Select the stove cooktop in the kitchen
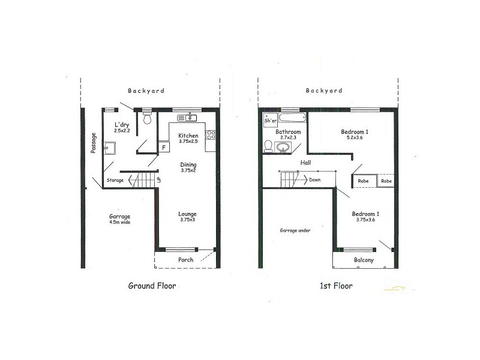click(210, 134)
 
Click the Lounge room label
click(187, 214)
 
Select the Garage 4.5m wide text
click(119, 219)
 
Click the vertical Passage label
click(93, 143)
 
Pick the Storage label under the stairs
click(115, 180)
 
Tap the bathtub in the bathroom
click(293, 116)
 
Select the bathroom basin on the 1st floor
click(283, 146)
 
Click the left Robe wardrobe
click(363, 181)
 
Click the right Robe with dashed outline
click(385, 181)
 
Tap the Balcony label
click(363, 260)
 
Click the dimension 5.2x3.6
click(355, 137)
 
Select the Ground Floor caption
click(152, 286)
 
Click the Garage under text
click(295, 230)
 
